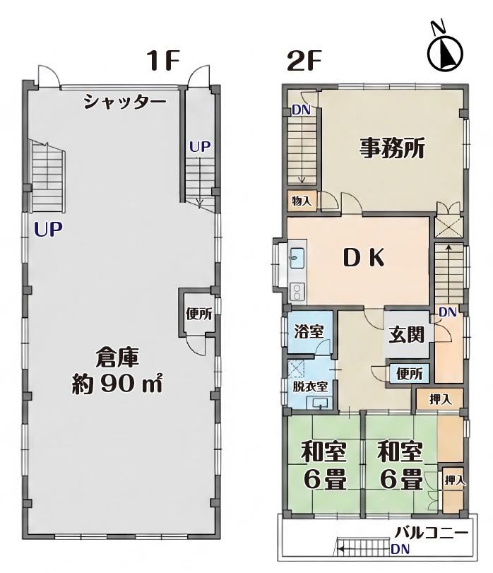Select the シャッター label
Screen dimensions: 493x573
(x=124, y=102)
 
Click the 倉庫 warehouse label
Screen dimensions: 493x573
(x=117, y=358)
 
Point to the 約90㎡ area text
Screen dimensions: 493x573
(x=117, y=383)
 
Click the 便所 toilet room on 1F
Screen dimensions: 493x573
(x=198, y=314)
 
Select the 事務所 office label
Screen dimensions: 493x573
(x=392, y=148)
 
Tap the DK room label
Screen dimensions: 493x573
(x=364, y=259)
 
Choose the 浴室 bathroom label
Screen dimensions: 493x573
(x=309, y=332)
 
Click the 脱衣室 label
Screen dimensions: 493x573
(x=310, y=386)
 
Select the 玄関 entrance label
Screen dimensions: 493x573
(x=406, y=334)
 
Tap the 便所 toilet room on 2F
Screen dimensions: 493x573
(x=410, y=374)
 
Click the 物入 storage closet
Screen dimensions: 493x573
(x=302, y=200)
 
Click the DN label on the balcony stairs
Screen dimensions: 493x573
(x=400, y=549)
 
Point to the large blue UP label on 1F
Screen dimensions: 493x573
(x=48, y=229)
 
